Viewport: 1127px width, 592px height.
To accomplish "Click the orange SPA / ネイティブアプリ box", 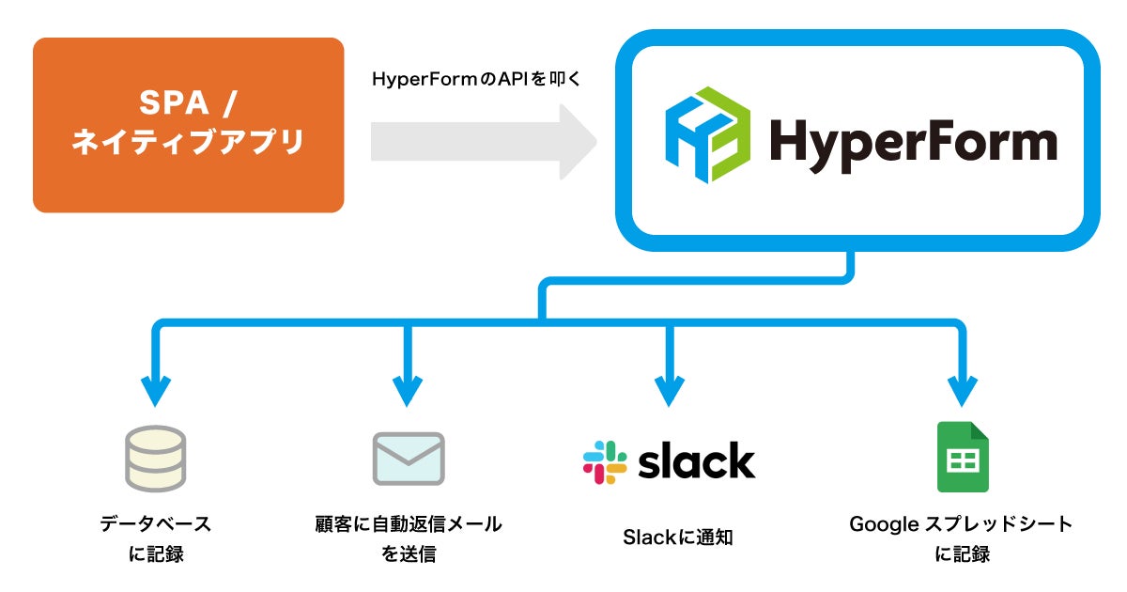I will [188, 125].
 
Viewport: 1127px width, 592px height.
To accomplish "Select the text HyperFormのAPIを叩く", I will [478, 80].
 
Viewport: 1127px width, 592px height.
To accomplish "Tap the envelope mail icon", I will [409, 459].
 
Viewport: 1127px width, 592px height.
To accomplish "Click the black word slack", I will [696, 460].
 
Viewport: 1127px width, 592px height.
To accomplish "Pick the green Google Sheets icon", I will [963, 458].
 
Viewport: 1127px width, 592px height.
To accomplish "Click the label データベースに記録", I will [156, 538].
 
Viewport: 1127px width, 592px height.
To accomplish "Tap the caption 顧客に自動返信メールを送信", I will [409, 538].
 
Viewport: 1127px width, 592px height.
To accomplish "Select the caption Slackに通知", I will [677, 537].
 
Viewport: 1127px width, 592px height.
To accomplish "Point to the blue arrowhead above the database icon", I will [156, 389].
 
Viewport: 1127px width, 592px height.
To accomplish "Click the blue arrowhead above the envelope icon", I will [408, 389].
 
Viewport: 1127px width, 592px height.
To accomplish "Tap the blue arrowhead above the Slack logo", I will [668, 389].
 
